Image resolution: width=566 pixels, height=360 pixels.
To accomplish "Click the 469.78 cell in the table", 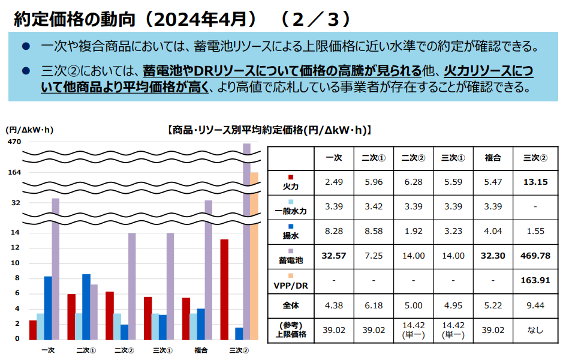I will (535, 256).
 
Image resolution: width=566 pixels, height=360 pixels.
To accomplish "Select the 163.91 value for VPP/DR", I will (535, 280).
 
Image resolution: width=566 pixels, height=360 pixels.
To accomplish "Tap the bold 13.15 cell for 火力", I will (535, 182).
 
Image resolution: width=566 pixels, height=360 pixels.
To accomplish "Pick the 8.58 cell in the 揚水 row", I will (372, 231).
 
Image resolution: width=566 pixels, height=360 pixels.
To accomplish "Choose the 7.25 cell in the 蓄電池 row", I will (372, 256).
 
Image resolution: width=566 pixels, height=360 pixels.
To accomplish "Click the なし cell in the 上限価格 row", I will (535, 330).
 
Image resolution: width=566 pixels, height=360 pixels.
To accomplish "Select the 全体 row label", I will (290, 305).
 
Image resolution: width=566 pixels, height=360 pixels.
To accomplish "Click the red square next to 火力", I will (290, 178).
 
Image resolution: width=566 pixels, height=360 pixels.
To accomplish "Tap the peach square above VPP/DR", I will (290, 275).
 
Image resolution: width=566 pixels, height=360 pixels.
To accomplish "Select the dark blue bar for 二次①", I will (86, 307).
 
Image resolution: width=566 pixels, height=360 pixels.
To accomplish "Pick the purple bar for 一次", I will (56, 269).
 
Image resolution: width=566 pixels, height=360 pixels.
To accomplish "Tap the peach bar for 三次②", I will (254, 256).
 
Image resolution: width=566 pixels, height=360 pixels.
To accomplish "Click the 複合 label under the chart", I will (201, 350).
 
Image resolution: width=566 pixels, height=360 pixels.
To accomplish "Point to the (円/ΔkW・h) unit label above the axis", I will (29, 130).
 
